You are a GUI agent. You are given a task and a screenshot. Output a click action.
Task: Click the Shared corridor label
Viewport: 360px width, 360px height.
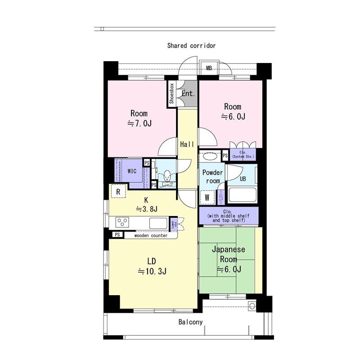pyautogui.click(x=191, y=45)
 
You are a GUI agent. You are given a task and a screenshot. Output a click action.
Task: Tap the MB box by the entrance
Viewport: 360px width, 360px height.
pyautogui.click(x=209, y=68)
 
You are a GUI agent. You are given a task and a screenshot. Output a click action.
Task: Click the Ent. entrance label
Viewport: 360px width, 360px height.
pyautogui.click(x=188, y=94)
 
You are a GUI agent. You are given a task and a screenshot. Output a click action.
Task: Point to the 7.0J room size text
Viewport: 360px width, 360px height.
pyautogui.click(x=139, y=123)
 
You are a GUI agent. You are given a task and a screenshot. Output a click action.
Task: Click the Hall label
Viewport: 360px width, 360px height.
pyautogui.click(x=187, y=144)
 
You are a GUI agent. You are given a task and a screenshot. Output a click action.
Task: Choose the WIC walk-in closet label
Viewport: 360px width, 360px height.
pyautogui.click(x=132, y=171)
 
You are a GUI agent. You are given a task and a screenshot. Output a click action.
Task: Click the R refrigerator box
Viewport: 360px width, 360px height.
pyautogui.click(x=118, y=191)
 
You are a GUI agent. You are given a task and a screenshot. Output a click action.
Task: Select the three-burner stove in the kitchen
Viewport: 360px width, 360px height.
pyautogui.click(x=122, y=222)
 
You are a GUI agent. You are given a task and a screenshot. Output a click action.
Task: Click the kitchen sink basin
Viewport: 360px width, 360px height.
pyautogui.click(x=158, y=222)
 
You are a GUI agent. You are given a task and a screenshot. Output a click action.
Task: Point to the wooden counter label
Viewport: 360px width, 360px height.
pyautogui.click(x=151, y=235)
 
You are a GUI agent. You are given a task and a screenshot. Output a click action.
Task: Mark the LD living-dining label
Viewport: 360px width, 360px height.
pyautogui.click(x=152, y=261)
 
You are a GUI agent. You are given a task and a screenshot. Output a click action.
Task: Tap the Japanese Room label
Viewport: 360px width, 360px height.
pyautogui.click(x=228, y=254)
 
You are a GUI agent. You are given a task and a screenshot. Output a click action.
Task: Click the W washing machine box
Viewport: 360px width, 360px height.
pyautogui.click(x=207, y=197)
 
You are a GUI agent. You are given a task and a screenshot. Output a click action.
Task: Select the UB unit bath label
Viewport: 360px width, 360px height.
pyautogui.click(x=243, y=178)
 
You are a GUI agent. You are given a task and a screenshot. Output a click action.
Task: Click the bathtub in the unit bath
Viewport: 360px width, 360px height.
pyautogui.click(x=243, y=195)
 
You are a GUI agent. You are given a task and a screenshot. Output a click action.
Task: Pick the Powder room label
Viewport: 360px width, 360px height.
pyautogui.click(x=212, y=176)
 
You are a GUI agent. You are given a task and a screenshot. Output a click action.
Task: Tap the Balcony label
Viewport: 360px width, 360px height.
pyautogui.click(x=190, y=322)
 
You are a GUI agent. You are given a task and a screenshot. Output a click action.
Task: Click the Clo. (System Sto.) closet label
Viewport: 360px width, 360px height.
pyautogui.click(x=243, y=155)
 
